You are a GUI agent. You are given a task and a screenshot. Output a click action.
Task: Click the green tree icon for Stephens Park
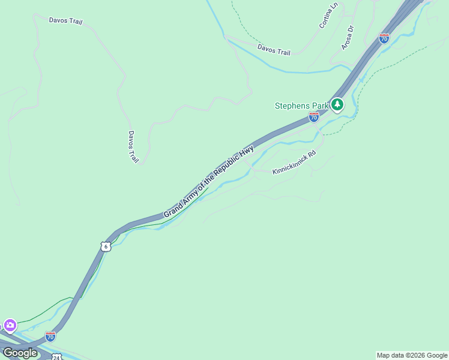click(x=337, y=105)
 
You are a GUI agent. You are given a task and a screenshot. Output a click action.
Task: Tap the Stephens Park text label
click(x=302, y=106)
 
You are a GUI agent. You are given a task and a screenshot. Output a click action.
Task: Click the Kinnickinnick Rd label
click(x=294, y=163)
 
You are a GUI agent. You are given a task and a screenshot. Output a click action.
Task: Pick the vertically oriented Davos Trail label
click(x=133, y=147)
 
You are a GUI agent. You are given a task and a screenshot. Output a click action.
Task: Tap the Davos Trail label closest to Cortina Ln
click(x=274, y=49)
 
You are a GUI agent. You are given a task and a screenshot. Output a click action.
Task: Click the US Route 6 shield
click(x=106, y=247)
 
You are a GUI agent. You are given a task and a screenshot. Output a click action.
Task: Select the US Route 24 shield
click(x=56, y=357)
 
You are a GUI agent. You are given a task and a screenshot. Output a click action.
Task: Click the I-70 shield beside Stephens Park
click(x=314, y=117)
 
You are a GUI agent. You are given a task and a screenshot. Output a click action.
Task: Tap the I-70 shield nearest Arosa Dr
click(x=384, y=38)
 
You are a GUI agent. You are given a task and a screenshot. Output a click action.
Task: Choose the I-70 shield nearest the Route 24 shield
click(x=50, y=337)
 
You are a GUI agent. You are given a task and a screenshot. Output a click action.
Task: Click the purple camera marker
click(x=10, y=326)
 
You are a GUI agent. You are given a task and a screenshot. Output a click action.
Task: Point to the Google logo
click(x=20, y=353)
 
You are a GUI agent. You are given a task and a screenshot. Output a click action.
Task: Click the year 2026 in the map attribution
click(x=416, y=355)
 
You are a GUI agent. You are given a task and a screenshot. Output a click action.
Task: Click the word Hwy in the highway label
click(x=247, y=151)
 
